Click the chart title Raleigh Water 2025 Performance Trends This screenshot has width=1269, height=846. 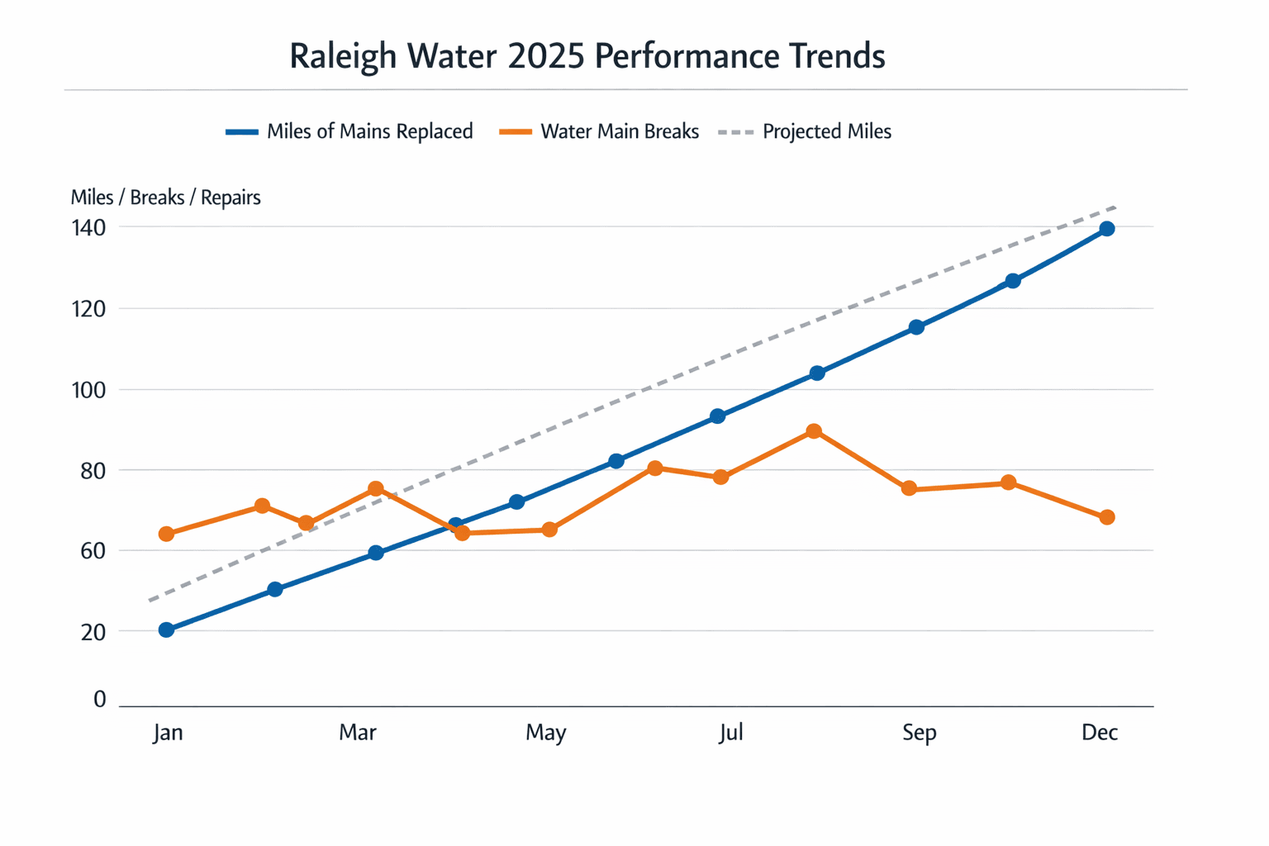click(x=587, y=56)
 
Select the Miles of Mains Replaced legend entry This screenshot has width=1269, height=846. click(x=349, y=132)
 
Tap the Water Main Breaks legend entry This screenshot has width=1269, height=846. click(x=600, y=132)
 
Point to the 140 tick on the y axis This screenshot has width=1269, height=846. click(x=88, y=227)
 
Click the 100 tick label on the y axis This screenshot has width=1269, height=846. click(x=88, y=389)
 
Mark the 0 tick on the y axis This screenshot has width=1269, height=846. click(x=99, y=700)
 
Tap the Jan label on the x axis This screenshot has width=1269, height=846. click(x=168, y=733)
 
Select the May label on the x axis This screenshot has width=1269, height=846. click(x=545, y=733)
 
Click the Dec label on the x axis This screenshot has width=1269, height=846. click(x=1100, y=733)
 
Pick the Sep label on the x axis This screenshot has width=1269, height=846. click(x=919, y=733)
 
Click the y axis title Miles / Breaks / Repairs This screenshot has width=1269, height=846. click(x=165, y=197)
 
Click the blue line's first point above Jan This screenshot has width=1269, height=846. click(x=166, y=630)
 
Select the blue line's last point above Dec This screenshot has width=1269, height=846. click(x=1107, y=229)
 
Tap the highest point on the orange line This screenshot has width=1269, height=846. click(x=814, y=431)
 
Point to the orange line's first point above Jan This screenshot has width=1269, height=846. click(x=166, y=534)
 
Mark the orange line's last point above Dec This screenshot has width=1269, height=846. click(x=1107, y=517)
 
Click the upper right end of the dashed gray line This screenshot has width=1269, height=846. click(x=1115, y=207)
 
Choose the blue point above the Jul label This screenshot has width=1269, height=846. click(x=717, y=416)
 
